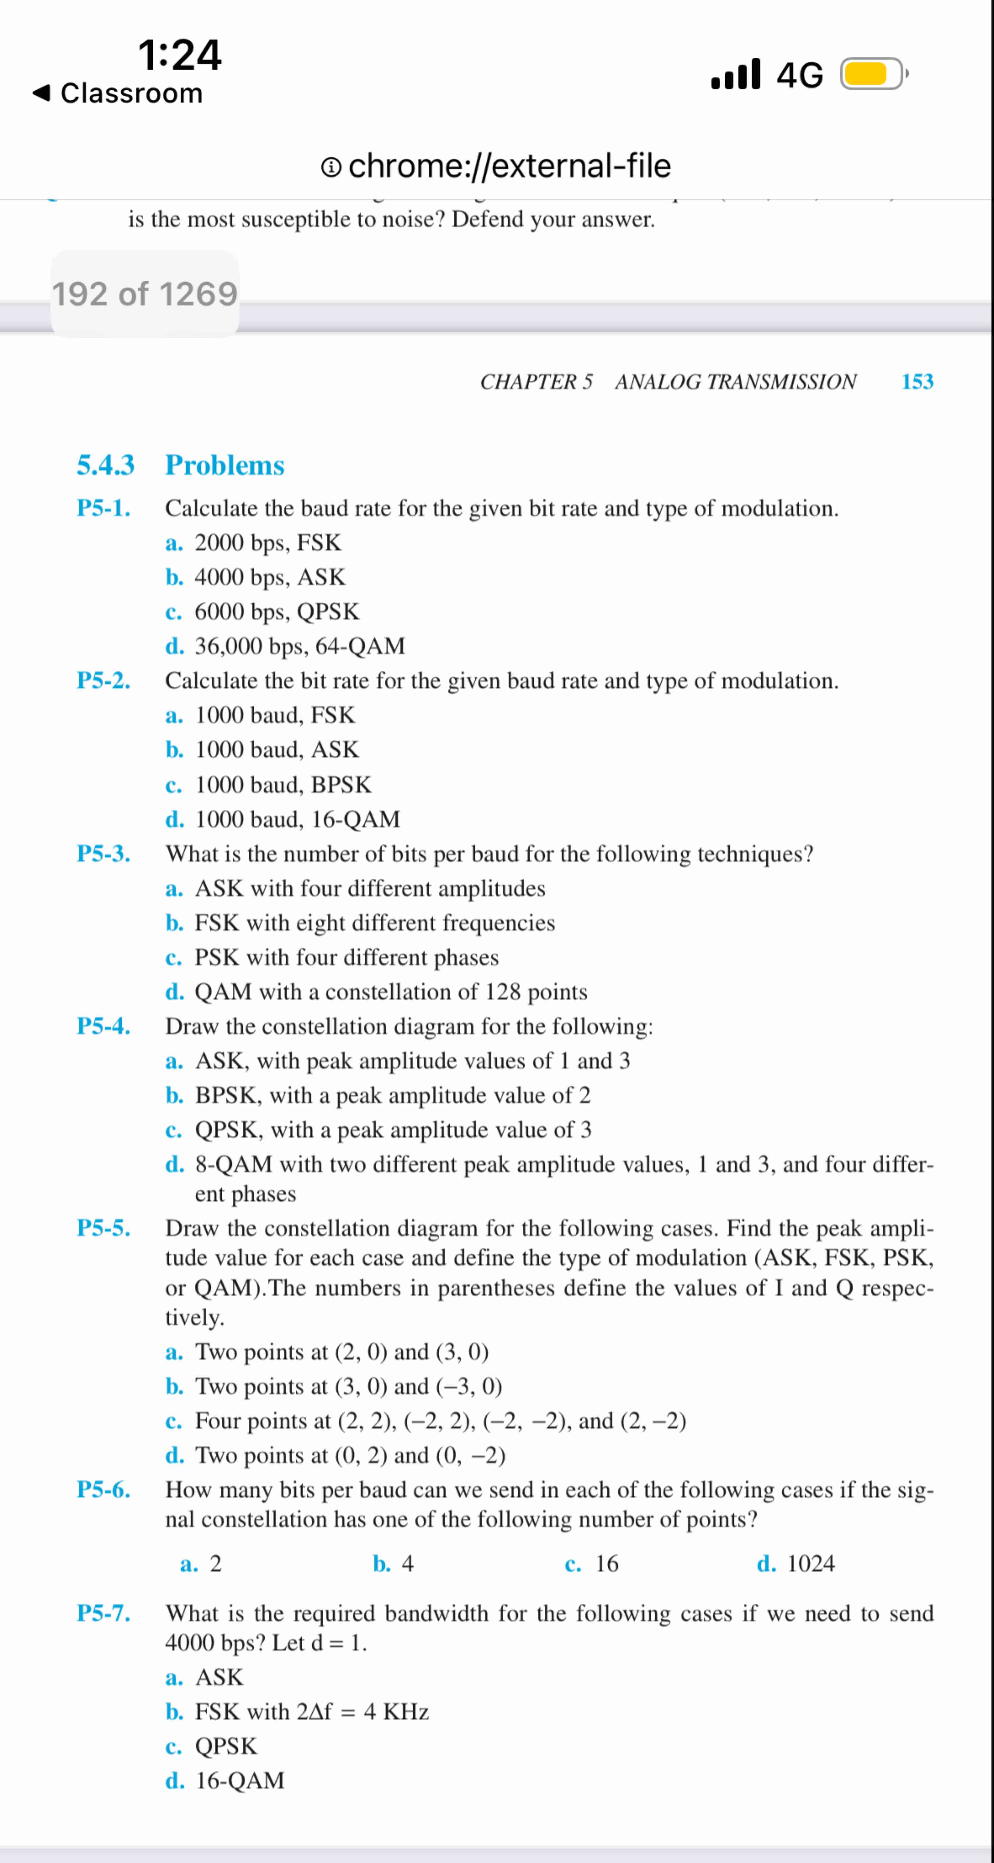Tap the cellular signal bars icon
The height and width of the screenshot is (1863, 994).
click(x=736, y=74)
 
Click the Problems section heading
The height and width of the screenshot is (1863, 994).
click(x=225, y=465)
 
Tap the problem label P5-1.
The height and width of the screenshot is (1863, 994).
click(x=103, y=508)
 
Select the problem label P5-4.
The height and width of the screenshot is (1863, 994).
click(x=103, y=1026)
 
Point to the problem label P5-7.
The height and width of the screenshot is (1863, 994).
click(x=103, y=1613)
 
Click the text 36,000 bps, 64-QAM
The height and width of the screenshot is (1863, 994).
click(x=300, y=646)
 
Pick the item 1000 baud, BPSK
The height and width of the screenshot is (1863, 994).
click(x=283, y=785)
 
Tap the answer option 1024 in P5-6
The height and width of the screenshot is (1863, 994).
click(x=810, y=1564)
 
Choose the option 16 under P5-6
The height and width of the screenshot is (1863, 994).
click(x=607, y=1564)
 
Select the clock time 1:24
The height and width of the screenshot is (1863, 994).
click(x=179, y=55)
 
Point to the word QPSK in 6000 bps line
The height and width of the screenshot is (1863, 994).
click(x=328, y=612)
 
